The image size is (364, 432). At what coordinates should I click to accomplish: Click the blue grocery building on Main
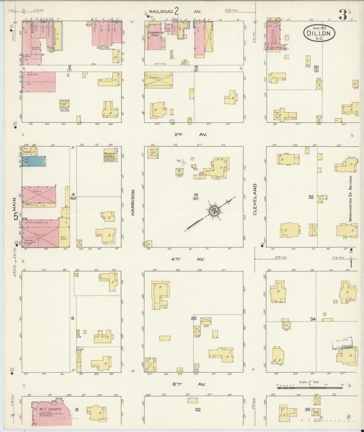[x=34, y=161]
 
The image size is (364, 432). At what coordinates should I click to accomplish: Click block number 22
[x=198, y=410]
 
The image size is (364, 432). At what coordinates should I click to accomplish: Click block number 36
[x=307, y=409]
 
